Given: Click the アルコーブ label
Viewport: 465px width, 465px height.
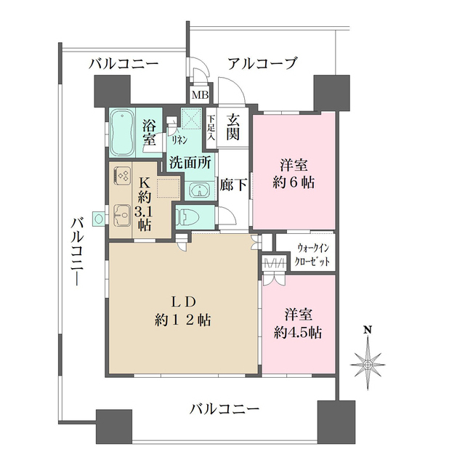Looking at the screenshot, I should click(x=262, y=63).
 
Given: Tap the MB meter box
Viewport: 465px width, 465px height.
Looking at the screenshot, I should click(x=198, y=94).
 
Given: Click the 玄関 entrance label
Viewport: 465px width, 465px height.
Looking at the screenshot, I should click(x=233, y=127).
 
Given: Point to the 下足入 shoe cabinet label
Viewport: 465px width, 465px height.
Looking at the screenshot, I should click(x=211, y=127).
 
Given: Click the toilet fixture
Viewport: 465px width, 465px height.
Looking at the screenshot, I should click(x=191, y=216).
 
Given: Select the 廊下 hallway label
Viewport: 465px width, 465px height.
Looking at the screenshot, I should click(x=233, y=185).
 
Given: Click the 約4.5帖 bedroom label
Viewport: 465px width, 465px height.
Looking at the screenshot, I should click(x=299, y=324).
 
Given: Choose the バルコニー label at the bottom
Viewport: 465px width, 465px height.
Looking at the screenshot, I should click(x=225, y=410).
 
